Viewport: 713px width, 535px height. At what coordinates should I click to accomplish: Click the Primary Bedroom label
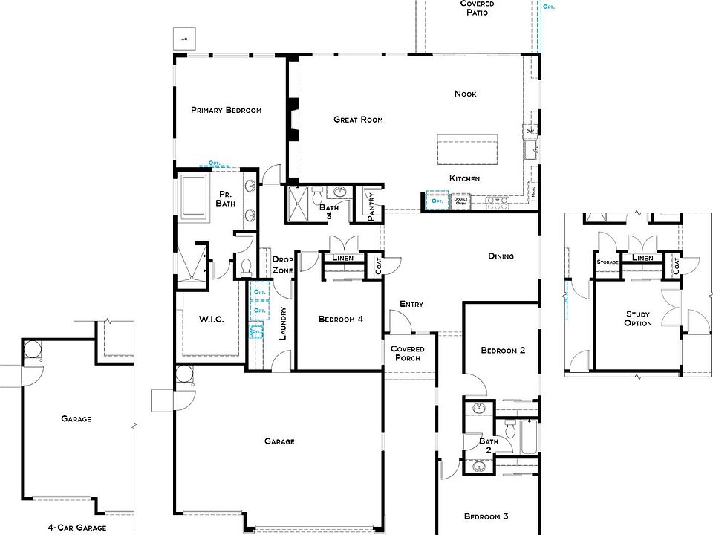[x=226, y=110]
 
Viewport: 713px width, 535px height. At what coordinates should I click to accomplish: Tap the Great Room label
[x=358, y=119]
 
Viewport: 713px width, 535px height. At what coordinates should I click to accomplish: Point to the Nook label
[x=466, y=94]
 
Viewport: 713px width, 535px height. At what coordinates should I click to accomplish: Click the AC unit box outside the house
[x=182, y=37]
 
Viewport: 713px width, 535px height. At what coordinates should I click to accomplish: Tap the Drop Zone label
[x=283, y=265]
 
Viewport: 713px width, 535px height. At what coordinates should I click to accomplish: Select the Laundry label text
[x=282, y=324]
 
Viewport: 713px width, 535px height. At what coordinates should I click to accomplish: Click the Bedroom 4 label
[x=341, y=320]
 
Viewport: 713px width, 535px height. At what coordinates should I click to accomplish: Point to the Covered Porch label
[x=407, y=354]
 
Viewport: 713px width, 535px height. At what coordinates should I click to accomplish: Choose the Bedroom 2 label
[x=503, y=351]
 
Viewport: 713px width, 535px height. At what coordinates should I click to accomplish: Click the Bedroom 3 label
[x=486, y=516]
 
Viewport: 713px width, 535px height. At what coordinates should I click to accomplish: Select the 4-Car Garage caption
[x=76, y=527]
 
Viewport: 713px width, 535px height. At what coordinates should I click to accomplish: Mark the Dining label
[x=501, y=256]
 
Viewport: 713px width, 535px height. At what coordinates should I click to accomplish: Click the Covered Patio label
[x=477, y=8]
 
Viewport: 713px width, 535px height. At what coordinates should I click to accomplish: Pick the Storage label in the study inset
[x=608, y=262]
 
